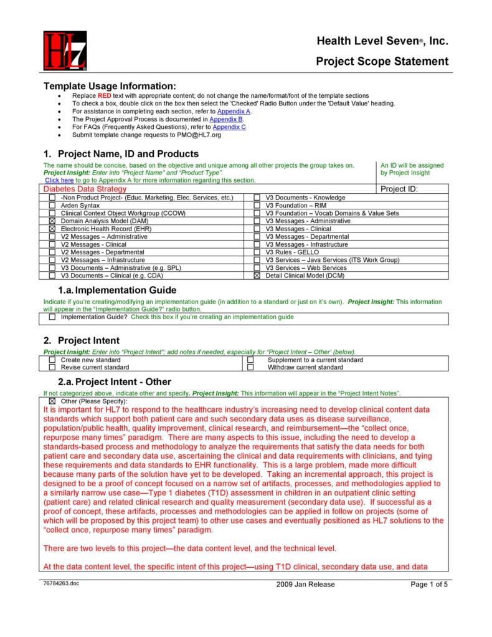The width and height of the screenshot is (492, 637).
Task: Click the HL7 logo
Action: coord(65,51)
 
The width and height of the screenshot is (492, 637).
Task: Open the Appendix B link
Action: coord(225,118)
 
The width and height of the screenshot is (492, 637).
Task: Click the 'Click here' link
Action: coord(59,180)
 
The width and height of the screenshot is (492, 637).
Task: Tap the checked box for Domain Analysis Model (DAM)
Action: coord(52,221)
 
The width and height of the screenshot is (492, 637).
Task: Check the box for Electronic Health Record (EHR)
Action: coord(52,229)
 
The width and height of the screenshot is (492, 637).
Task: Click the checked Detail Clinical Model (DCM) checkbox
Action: coord(257,275)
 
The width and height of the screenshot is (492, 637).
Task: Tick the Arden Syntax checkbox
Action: coord(52,206)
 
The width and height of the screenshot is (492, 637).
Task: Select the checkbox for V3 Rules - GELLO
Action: coord(257,252)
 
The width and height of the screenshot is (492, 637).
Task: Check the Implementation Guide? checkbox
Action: coord(52,317)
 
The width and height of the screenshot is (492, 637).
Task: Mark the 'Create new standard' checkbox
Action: coord(52,360)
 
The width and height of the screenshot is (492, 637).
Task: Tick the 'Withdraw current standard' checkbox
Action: coord(250,368)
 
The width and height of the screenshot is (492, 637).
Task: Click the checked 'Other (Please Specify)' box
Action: coord(52,401)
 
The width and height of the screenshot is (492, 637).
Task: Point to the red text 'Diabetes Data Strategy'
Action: coord(85,189)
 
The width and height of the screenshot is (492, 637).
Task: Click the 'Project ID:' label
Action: coord(399,189)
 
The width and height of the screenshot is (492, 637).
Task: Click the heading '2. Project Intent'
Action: coord(82,340)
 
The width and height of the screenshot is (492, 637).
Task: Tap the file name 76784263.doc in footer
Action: coord(62,583)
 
